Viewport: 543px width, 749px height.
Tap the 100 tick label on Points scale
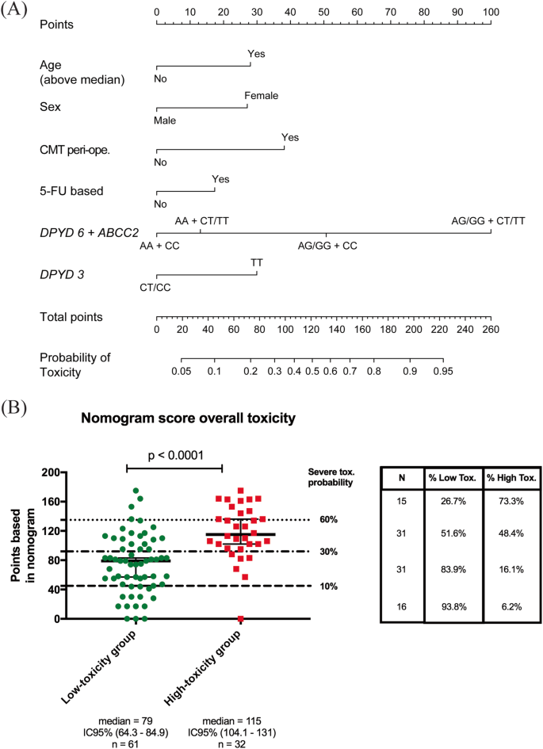click(x=491, y=12)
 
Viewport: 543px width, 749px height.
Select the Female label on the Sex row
click(x=261, y=95)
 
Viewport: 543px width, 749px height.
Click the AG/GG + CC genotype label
click(x=327, y=246)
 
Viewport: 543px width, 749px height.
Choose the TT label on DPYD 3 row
click(x=257, y=262)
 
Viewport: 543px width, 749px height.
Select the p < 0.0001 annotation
click(x=175, y=457)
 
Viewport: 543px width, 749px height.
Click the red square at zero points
click(x=240, y=618)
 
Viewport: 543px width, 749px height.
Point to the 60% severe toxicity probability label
click(x=329, y=520)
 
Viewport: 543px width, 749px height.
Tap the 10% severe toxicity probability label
click(x=329, y=587)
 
